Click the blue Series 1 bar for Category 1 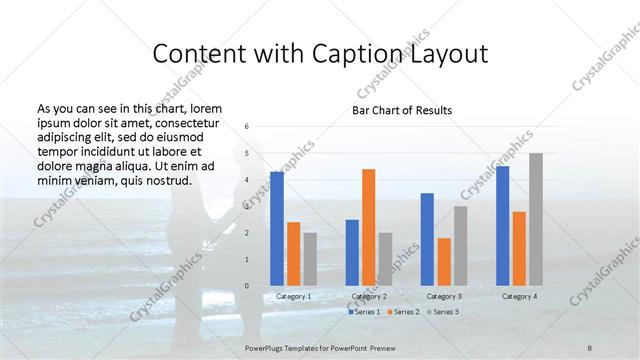277,229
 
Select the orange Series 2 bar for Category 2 368,228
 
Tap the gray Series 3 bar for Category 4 536,220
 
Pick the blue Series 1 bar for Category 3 427,240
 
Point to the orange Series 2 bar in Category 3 444,262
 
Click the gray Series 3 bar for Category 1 310,260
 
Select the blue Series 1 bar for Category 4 502,226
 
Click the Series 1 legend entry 364,312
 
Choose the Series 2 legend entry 404,312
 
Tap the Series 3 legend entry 444,312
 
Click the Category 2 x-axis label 369,296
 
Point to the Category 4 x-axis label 519,296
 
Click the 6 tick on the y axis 247,127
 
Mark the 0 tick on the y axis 247,287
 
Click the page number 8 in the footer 590,346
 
